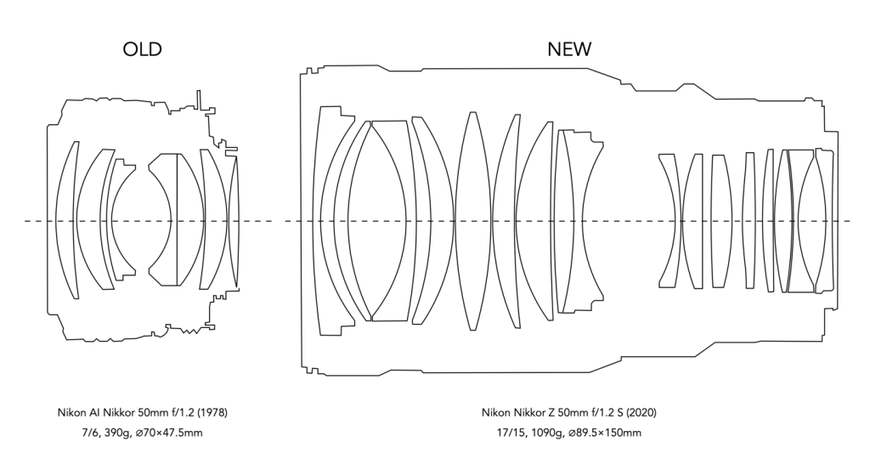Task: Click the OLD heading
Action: pos(142,49)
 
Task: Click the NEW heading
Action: pos(569,49)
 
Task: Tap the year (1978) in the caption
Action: pos(213,413)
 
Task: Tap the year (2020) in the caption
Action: pos(641,413)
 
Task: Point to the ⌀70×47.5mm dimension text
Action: pos(169,433)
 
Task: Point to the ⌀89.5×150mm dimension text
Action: pos(605,433)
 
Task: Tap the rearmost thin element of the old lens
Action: pos(234,221)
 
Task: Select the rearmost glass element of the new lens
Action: pos(825,220)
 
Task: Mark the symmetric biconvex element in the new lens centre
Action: pos(472,221)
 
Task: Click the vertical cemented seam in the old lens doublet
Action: pos(177,219)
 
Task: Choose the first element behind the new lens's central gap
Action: pos(671,221)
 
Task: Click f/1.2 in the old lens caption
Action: pos(184,413)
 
